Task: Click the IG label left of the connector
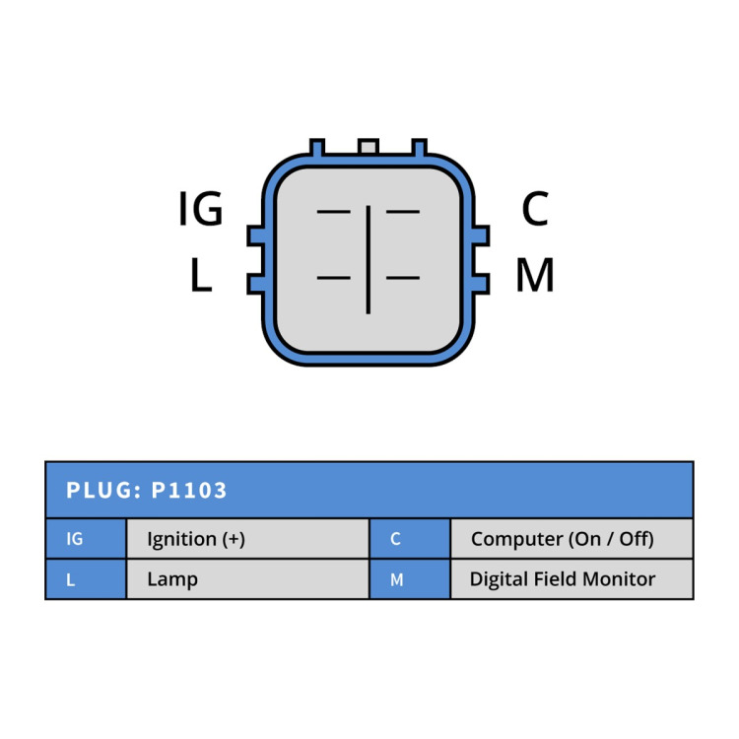(201, 208)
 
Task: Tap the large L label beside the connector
(201, 275)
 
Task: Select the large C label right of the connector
(535, 208)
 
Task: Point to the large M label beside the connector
(535, 275)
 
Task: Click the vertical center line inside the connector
(369, 260)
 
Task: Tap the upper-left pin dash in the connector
(334, 212)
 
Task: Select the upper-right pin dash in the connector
(403, 212)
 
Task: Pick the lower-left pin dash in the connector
(334, 278)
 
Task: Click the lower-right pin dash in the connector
(403, 278)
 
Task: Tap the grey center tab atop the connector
(369, 147)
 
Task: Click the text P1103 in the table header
(189, 490)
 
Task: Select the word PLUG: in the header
(103, 490)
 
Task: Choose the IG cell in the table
(87, 539)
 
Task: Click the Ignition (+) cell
(248, 539)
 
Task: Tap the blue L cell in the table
(87, 579)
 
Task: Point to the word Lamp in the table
(172, 579)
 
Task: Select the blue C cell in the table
(410, 539)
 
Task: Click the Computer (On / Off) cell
(571, 539)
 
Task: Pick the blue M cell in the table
(410, 579)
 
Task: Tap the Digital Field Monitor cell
(571, 579)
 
